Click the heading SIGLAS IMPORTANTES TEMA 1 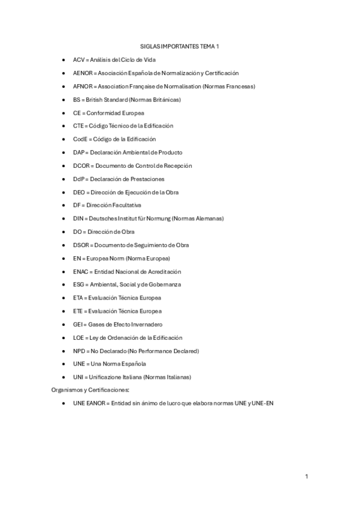(x=180, y=46)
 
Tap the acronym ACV (x=79, y=60)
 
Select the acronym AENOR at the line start (x=82, y=73)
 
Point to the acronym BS (x=77, y=100)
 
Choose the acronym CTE (x=78, y=126)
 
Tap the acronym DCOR (x=81, y=165)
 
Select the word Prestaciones (x=145, y=179)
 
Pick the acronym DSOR (x=81, y=245)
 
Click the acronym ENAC (x=81, y=271)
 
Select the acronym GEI (x=78, y=324)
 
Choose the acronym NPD (x=79, y=351)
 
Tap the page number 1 (x=307, y=477)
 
